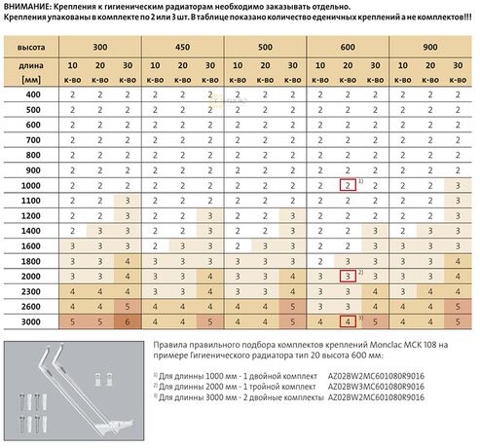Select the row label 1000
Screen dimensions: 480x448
point(34,184)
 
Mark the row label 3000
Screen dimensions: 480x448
point(34,319)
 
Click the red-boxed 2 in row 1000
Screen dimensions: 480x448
point(346,184)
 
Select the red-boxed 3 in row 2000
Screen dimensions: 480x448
point(346,275)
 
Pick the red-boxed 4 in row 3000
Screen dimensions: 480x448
point(346,319)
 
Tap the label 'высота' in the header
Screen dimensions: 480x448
point(34,45)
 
